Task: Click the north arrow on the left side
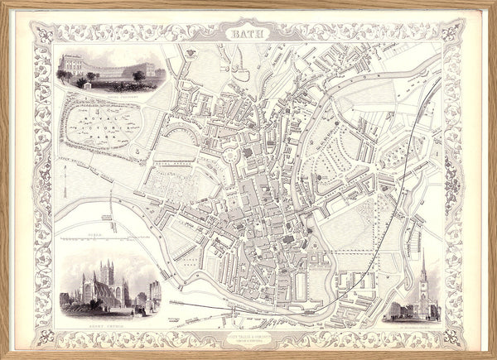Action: pos(65,176)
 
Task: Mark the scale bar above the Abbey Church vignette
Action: pos(95,241)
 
